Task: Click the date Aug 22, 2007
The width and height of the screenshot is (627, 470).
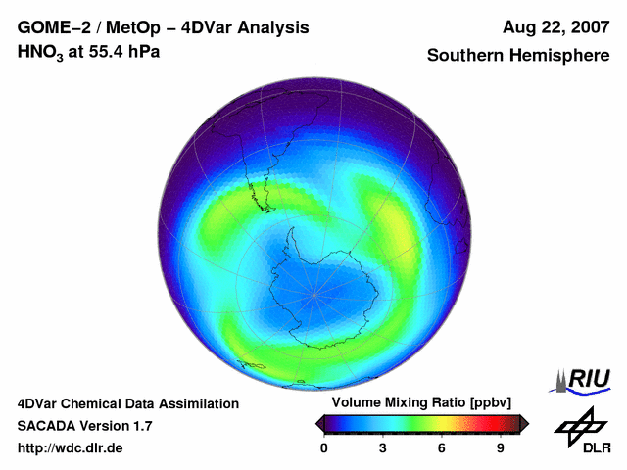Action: pyautogui.click(x=553, y=28)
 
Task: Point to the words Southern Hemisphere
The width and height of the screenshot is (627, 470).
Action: pyautogui.click(x=518, y=56)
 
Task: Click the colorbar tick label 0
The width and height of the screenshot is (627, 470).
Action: pyautogui.click(x=324, y=447)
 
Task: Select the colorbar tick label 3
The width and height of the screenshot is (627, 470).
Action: pyautogui.click(x=382, y=447)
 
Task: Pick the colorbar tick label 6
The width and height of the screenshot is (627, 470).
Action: pyautogui.click(x=441, y=447)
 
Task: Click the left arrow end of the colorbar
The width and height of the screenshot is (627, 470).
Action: pyautogui.click(x=319, y=423)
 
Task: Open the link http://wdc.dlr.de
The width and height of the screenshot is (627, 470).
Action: pyautogui.click(x=71, y=448)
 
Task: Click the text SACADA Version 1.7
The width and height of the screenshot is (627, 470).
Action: pyautogui.click(x=84, y=426)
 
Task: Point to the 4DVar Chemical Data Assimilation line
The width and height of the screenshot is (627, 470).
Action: pyautogui.click(x=128, y=403)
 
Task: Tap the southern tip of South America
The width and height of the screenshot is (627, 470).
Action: pyautogui.click(x=265, y=207)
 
